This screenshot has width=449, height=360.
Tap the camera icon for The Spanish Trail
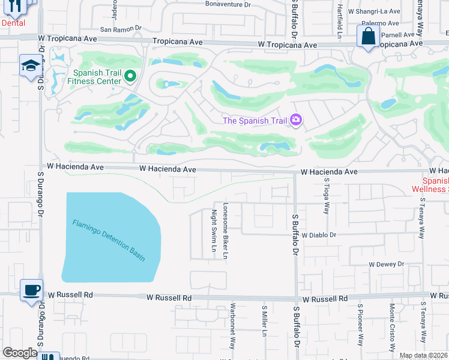click(x=295, y=121)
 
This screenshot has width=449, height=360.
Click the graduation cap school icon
click(x=29, y=66)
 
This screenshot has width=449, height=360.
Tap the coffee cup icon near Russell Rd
click(x=31, y=290)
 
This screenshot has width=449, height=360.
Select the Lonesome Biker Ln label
click(x=226, y=230)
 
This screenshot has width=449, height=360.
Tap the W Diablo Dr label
click(x=319, y=236)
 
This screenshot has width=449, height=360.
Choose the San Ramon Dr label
click(x=120, y=28)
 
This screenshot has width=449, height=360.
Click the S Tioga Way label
click(x=327, y=196)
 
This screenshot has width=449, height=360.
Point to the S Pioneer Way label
click(x=360, y=328)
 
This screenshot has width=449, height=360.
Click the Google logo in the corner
click(x=20, y=353)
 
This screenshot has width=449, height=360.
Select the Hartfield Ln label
click(x=339, y=18)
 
